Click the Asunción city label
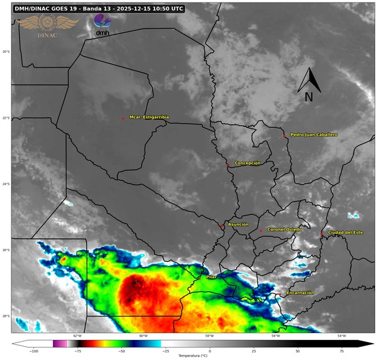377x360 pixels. [238, 224]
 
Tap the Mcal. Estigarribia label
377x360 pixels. [149, 117]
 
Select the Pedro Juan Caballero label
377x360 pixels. [314, 134]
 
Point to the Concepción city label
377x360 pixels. [247, 163]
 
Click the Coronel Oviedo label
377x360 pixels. [285, 229]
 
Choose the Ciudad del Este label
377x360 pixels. [345, 233]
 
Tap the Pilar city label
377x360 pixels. [211, 276]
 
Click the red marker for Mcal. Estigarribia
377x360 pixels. [124, 117]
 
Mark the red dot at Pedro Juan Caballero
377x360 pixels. [285, 136]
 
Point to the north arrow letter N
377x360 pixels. [309, 97]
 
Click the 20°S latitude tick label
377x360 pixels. [6, 52]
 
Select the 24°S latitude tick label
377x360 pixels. [6, 184]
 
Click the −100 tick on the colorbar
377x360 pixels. [34, 352]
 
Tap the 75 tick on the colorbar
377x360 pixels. [341, 352]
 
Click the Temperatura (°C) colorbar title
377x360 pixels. [192, 356]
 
